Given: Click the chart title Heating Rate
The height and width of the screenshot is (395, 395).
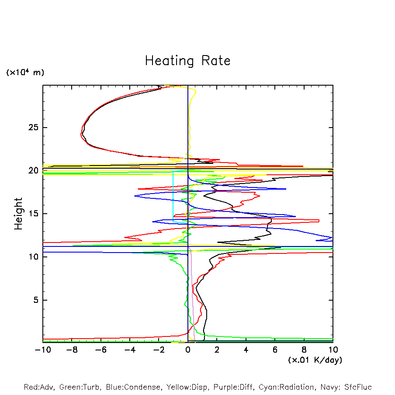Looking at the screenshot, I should [x=187, y=61].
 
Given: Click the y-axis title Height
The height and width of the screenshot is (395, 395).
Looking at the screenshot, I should [x=18, y=214].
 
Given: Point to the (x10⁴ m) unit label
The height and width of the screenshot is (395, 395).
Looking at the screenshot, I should [x=25, y=73].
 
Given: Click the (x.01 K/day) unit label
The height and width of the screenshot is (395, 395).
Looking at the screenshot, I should [x=315, y=360].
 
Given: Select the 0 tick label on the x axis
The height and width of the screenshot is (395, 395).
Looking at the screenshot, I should [x=188, y=350].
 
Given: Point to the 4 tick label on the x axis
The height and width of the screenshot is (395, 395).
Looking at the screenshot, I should [x=246, y=350].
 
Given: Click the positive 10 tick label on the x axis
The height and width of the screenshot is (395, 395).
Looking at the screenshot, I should [x=333, y=350].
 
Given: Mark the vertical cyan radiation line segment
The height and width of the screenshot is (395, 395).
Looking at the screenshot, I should [x=173, y=197].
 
